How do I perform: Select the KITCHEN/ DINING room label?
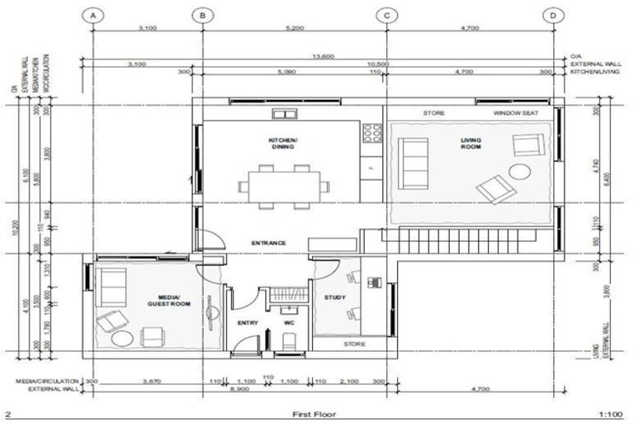coord(282,143)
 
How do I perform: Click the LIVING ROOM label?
coord(471,145)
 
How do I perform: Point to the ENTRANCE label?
coord(269,243)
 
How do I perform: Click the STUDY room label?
coord(335,297)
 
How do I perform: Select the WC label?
coord(289,322)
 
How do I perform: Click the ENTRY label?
coord(248,322)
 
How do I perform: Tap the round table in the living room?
coord(519,173)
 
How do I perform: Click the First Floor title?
coord(316,413)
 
